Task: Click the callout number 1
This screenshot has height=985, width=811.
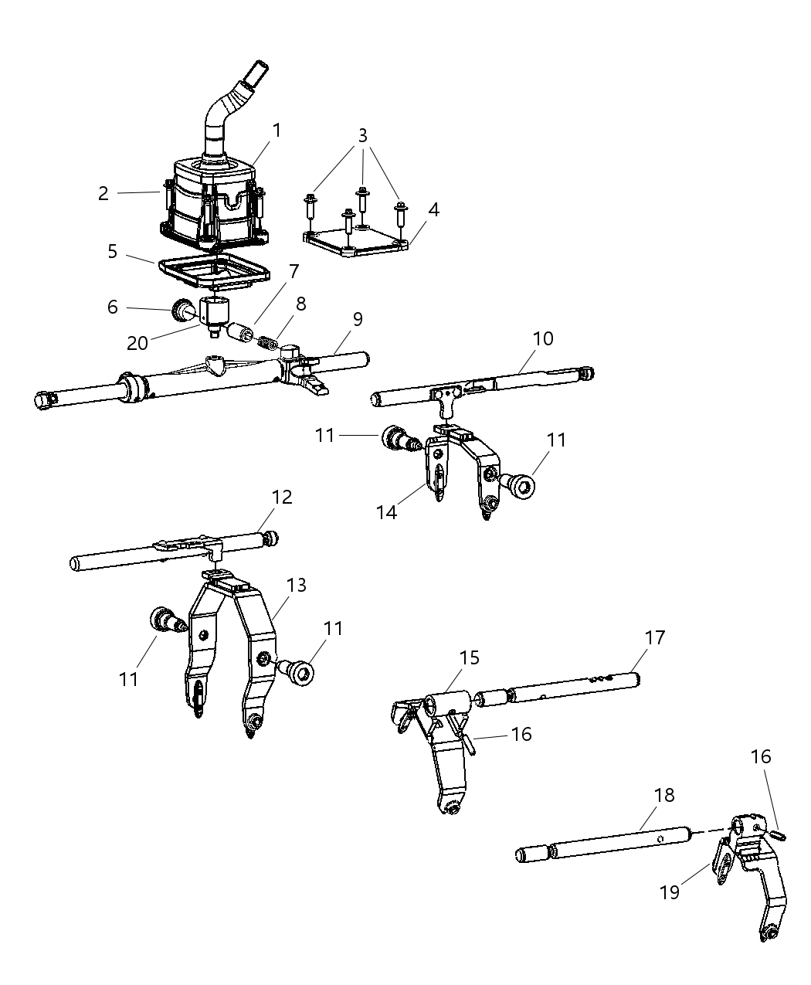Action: [276, 130]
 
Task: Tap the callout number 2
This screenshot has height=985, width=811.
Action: [103, 193]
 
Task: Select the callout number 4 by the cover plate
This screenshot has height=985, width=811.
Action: [434, 209]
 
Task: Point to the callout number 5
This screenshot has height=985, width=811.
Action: [113, 252]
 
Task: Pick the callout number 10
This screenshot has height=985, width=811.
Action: [543, 338]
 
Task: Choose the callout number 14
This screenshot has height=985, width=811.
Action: [386, 511]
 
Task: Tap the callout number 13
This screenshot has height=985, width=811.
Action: [297, 586]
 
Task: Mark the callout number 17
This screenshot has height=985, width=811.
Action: [656, 637]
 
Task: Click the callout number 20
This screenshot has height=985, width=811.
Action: [137, 342]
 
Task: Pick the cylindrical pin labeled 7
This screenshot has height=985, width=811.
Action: [240, 332]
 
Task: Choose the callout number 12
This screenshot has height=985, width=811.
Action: [282, 497]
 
